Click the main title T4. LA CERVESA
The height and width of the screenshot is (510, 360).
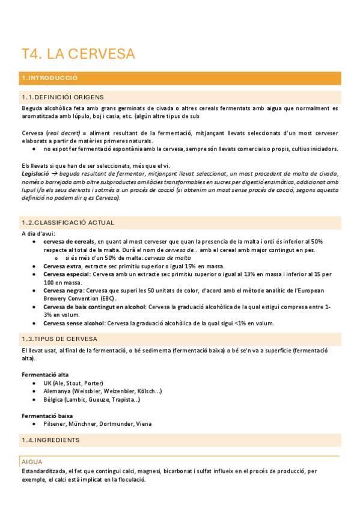78,54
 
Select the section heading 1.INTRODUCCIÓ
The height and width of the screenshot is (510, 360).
50,78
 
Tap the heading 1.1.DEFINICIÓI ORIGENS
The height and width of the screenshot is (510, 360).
63,97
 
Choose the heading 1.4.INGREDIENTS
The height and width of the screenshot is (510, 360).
50,440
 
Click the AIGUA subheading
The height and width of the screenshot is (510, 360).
31,462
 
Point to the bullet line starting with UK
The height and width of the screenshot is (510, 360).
73,382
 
